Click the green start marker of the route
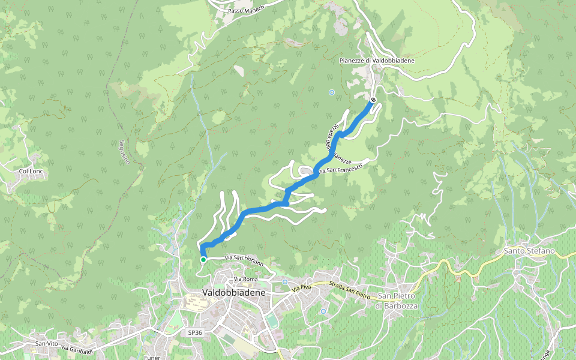(x=203, y=259)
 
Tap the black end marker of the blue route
(x=373, y=100)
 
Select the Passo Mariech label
(x=245, y=11)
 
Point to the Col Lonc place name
(x=32, y=171)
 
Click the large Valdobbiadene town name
(x=234, y=292)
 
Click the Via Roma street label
(x=246, y=279)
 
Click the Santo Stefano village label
(x=529, y=250)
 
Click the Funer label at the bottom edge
(x=152, y=357)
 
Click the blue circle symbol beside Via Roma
(x=285, y=282)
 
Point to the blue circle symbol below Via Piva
(x=323, y=311)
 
